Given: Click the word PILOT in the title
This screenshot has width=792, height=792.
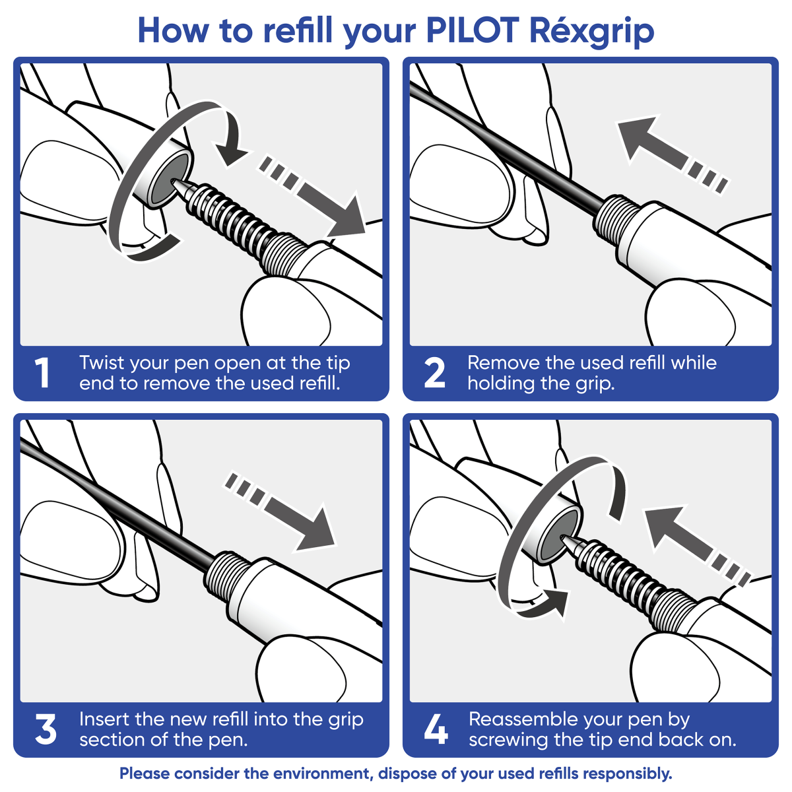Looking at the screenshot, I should click(473, 30).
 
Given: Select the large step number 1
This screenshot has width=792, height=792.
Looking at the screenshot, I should click(42, 374).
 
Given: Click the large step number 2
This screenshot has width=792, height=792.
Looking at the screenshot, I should click(434, 374).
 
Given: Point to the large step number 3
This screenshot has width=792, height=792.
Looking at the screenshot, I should click(45, 730).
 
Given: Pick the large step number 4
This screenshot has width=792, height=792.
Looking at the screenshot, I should click(436, 730).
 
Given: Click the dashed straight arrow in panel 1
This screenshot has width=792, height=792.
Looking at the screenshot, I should click(317, 196).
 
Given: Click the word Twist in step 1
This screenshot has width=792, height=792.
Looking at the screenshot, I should click(102, 363).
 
